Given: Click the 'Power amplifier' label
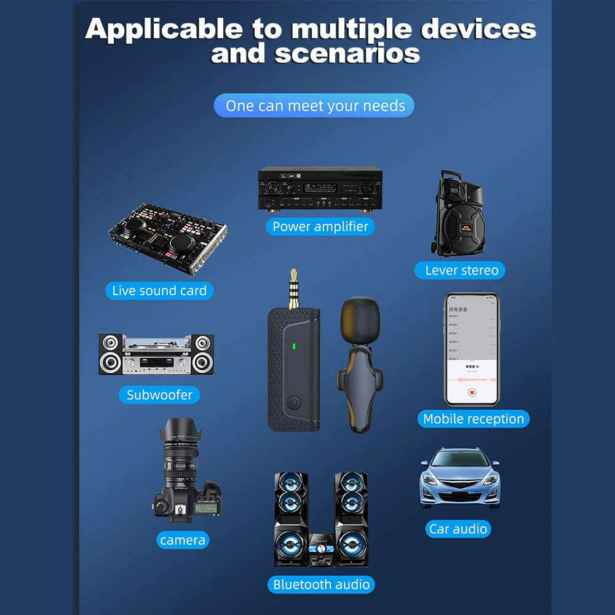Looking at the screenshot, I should [320, 226].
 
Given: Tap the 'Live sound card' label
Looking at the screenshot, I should [159, 290].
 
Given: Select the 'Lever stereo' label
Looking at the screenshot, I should [461, 270].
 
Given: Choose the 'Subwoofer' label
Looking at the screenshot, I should [159, 395].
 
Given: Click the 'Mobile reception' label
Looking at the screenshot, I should [473, 419].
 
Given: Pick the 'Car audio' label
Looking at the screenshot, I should [458, 529].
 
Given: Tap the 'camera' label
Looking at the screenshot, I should [182, 540].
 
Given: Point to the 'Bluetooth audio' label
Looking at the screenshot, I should [321, 584].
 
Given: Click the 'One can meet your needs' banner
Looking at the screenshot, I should [314, 106].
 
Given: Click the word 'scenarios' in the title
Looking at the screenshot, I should [347, 54].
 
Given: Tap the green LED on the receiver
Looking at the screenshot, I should [294, 346].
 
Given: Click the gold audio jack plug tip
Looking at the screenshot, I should [293, 274].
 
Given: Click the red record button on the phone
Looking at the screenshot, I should [472, 392].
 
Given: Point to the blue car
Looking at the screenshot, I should [460, 478].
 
